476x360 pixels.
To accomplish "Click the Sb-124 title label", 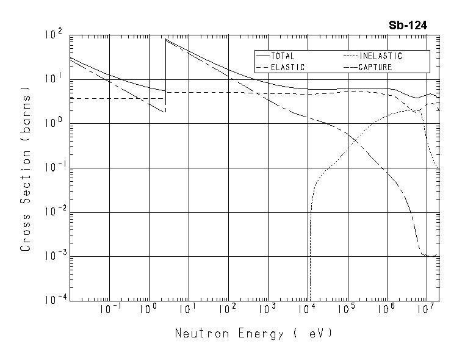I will (408, 26).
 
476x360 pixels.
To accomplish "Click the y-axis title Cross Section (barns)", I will (26, 168).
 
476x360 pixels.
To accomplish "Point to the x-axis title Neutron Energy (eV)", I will (254, 334).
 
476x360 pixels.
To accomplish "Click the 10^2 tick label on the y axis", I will (54, 35).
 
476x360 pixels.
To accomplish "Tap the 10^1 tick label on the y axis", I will (54, 79).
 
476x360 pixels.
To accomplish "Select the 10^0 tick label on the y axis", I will (54, 124).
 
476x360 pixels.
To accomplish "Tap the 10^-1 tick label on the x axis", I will (110, 310).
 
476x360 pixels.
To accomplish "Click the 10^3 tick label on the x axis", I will (267, 310).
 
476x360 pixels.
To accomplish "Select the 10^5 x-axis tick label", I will (347, 310).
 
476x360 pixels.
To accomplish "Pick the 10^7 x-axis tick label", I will (425, 310).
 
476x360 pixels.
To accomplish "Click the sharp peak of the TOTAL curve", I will (166, 40).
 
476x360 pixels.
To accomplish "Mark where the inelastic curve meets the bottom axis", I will (310, 300).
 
